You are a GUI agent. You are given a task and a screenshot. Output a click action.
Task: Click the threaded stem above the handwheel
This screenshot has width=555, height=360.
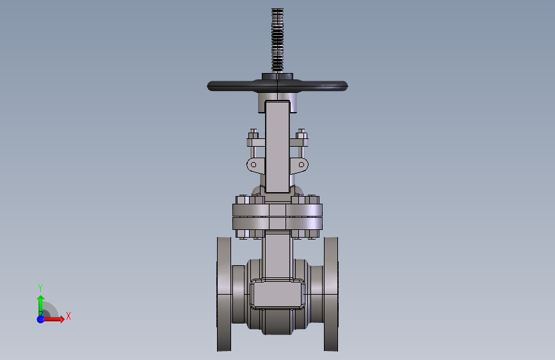coord(278,40)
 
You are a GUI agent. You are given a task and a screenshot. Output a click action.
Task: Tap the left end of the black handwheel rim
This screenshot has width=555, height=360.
coord(208,86)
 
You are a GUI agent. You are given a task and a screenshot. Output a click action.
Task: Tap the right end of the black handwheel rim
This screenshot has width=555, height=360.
coord(347,86)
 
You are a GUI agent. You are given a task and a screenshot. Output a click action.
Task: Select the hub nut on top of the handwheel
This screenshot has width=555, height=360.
coord(278,76)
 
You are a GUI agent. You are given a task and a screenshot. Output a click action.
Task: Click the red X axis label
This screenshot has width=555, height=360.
coord(68,316)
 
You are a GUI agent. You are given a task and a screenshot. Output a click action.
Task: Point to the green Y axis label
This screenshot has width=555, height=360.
coord(40,288)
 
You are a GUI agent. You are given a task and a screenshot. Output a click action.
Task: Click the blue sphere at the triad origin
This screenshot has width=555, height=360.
coord(41,319)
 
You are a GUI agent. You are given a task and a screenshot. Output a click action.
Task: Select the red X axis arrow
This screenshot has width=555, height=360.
coord(54,319)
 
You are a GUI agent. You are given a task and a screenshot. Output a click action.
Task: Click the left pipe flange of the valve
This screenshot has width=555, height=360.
coord(224,294)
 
